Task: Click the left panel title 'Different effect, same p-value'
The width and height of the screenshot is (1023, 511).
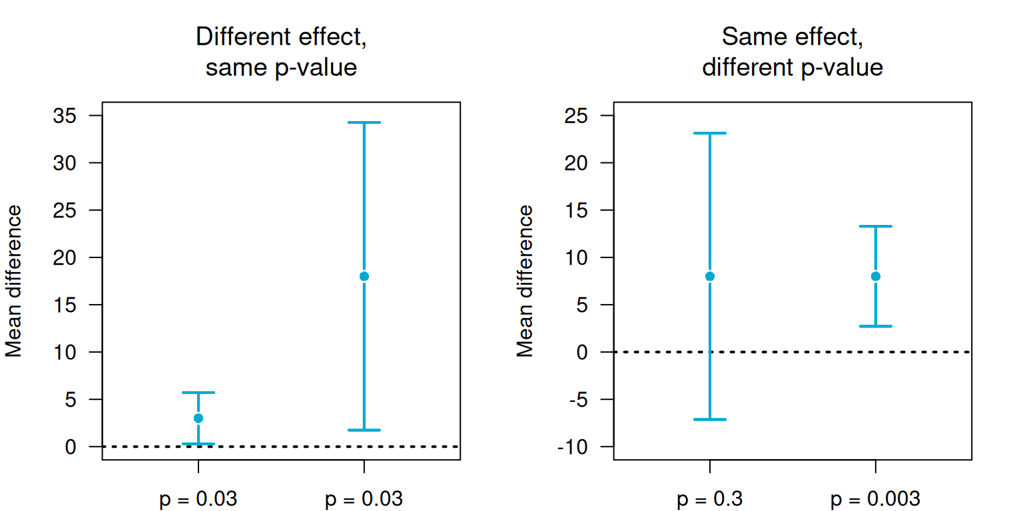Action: (281, 52)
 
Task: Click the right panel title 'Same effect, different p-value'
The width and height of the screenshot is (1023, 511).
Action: (793, 52)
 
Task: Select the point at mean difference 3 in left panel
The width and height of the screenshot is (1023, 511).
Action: (198, 418)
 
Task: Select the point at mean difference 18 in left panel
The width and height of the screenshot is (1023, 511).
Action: (364, 276)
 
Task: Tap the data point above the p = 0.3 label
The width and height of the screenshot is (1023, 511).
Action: (710, 276)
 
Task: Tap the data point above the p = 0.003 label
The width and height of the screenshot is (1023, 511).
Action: (875, 276)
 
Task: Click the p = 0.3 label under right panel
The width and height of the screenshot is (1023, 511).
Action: (710, 499)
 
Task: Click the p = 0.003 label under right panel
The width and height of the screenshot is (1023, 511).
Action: (875, 499)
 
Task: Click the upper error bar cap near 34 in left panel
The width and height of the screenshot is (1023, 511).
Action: (364, 122)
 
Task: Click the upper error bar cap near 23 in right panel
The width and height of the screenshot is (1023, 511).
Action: (710, 133)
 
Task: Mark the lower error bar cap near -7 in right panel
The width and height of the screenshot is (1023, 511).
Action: (710, 419)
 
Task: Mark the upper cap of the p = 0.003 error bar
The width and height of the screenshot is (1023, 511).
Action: (875, 226)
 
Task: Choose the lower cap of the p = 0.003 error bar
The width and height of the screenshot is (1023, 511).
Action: (875, 326)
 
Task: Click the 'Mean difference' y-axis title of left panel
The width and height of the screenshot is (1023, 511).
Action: (15, 281)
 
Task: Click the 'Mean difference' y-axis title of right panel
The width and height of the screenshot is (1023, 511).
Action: (526, 281)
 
